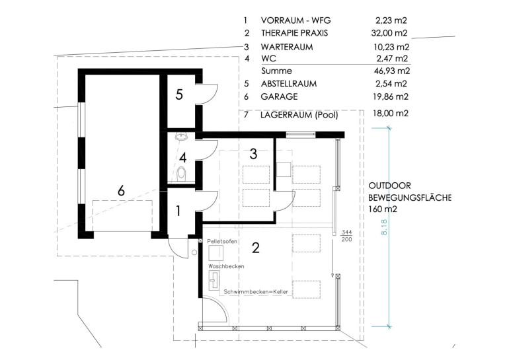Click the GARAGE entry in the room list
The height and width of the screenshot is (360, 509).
click(x=279, y=96)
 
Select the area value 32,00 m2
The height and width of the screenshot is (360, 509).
click(x=389, y=33)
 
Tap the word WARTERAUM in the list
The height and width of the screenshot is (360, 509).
click(x=287, y=47)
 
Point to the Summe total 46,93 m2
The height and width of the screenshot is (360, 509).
click(x=392, y=71)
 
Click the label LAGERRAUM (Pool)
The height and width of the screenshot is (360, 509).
click(x=299, y=115)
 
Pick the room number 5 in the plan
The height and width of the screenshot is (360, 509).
click(x=179, y=94)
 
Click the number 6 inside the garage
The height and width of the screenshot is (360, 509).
click(x=121, y=190)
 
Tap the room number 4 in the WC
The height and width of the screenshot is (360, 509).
click(x=183, y=158)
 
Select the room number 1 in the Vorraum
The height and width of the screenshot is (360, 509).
click(x=178, y=211)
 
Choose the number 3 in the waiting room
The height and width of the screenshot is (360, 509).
click(x=254, y=154)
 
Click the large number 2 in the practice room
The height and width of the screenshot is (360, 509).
click(x=256, y=248)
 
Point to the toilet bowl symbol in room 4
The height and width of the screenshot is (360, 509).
click(x=181, y=173)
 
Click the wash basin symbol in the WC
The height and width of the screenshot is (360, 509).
click(x=182, y=137)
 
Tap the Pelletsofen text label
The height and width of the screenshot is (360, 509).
click(x=222, y=242)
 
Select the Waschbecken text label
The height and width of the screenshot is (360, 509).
click(x=226, y=266)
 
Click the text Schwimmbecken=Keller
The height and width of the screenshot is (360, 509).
click(x=256, y=292)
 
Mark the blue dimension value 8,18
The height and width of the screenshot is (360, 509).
click(x=384, y=227)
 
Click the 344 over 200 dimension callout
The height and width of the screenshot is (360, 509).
click(x=346, y=236)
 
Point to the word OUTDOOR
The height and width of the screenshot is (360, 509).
click(x=390, y=186)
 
